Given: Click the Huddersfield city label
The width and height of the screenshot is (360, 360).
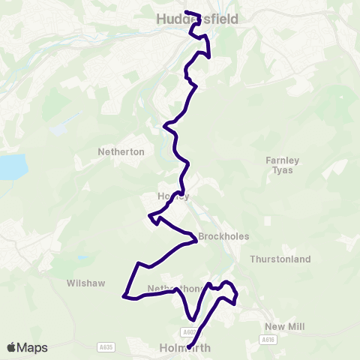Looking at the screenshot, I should pyautogui.click(x=196, y=20).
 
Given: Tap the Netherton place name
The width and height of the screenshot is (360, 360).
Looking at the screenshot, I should pyautogui.click(x=121, y=151).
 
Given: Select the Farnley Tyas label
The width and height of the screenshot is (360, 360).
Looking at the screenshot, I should pyautogui.click(x=282, y=165).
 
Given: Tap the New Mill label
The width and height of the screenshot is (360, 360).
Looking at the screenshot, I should pyautogui.click(x=283, y=326).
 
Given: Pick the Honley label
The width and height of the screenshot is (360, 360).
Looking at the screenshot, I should pyautogui.click(x=172, y=196).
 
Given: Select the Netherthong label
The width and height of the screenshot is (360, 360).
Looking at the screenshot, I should pyautogui.click(x=175, y=289).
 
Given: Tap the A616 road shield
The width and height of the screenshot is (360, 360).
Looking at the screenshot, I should pyautogui.click(x=268, y=340).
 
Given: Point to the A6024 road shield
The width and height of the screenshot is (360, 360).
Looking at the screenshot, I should pyautogui.click(x=189, y=331).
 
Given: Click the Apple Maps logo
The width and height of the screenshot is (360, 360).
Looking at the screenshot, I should pyautogui.click(x=27, y=347).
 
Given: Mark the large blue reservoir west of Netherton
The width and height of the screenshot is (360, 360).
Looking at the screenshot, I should pyautogui.click(x=10, y=166).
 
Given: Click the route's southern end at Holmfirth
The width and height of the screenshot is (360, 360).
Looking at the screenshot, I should pyautogui.click(x=188, y=346).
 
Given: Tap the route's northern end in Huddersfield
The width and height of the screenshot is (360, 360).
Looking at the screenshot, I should pyautogui.click(x=185, y=12).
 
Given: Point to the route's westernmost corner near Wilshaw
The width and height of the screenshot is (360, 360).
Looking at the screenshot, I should pyautogui.click(x=124, y=296).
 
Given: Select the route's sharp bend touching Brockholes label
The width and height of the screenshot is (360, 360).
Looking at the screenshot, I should pyautogui.click(x=195, y=241).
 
